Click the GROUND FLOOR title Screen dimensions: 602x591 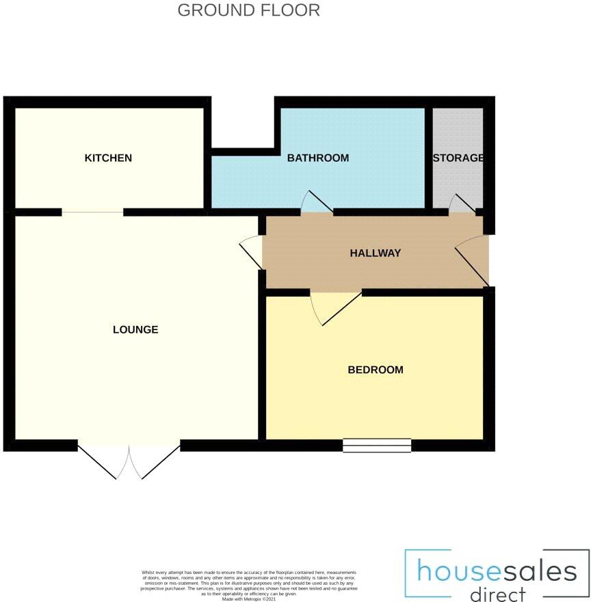pos(248,10)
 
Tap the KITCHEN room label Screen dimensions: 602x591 pos(108,158)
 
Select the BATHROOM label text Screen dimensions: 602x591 pos(317,158)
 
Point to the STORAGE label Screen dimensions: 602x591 pos(458,158)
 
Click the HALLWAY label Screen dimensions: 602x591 pos(375,253)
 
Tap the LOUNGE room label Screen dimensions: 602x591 pos(135,329)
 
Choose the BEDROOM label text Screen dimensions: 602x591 pos(376,370)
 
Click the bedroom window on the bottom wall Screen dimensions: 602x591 pos(377,446)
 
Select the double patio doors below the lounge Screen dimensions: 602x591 pos(129,461)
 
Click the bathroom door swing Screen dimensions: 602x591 pos(315,204)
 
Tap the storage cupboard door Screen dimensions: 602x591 pos(462,204)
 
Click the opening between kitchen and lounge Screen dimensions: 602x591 pos(92,213)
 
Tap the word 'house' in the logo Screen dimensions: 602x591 pos(448,571)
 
